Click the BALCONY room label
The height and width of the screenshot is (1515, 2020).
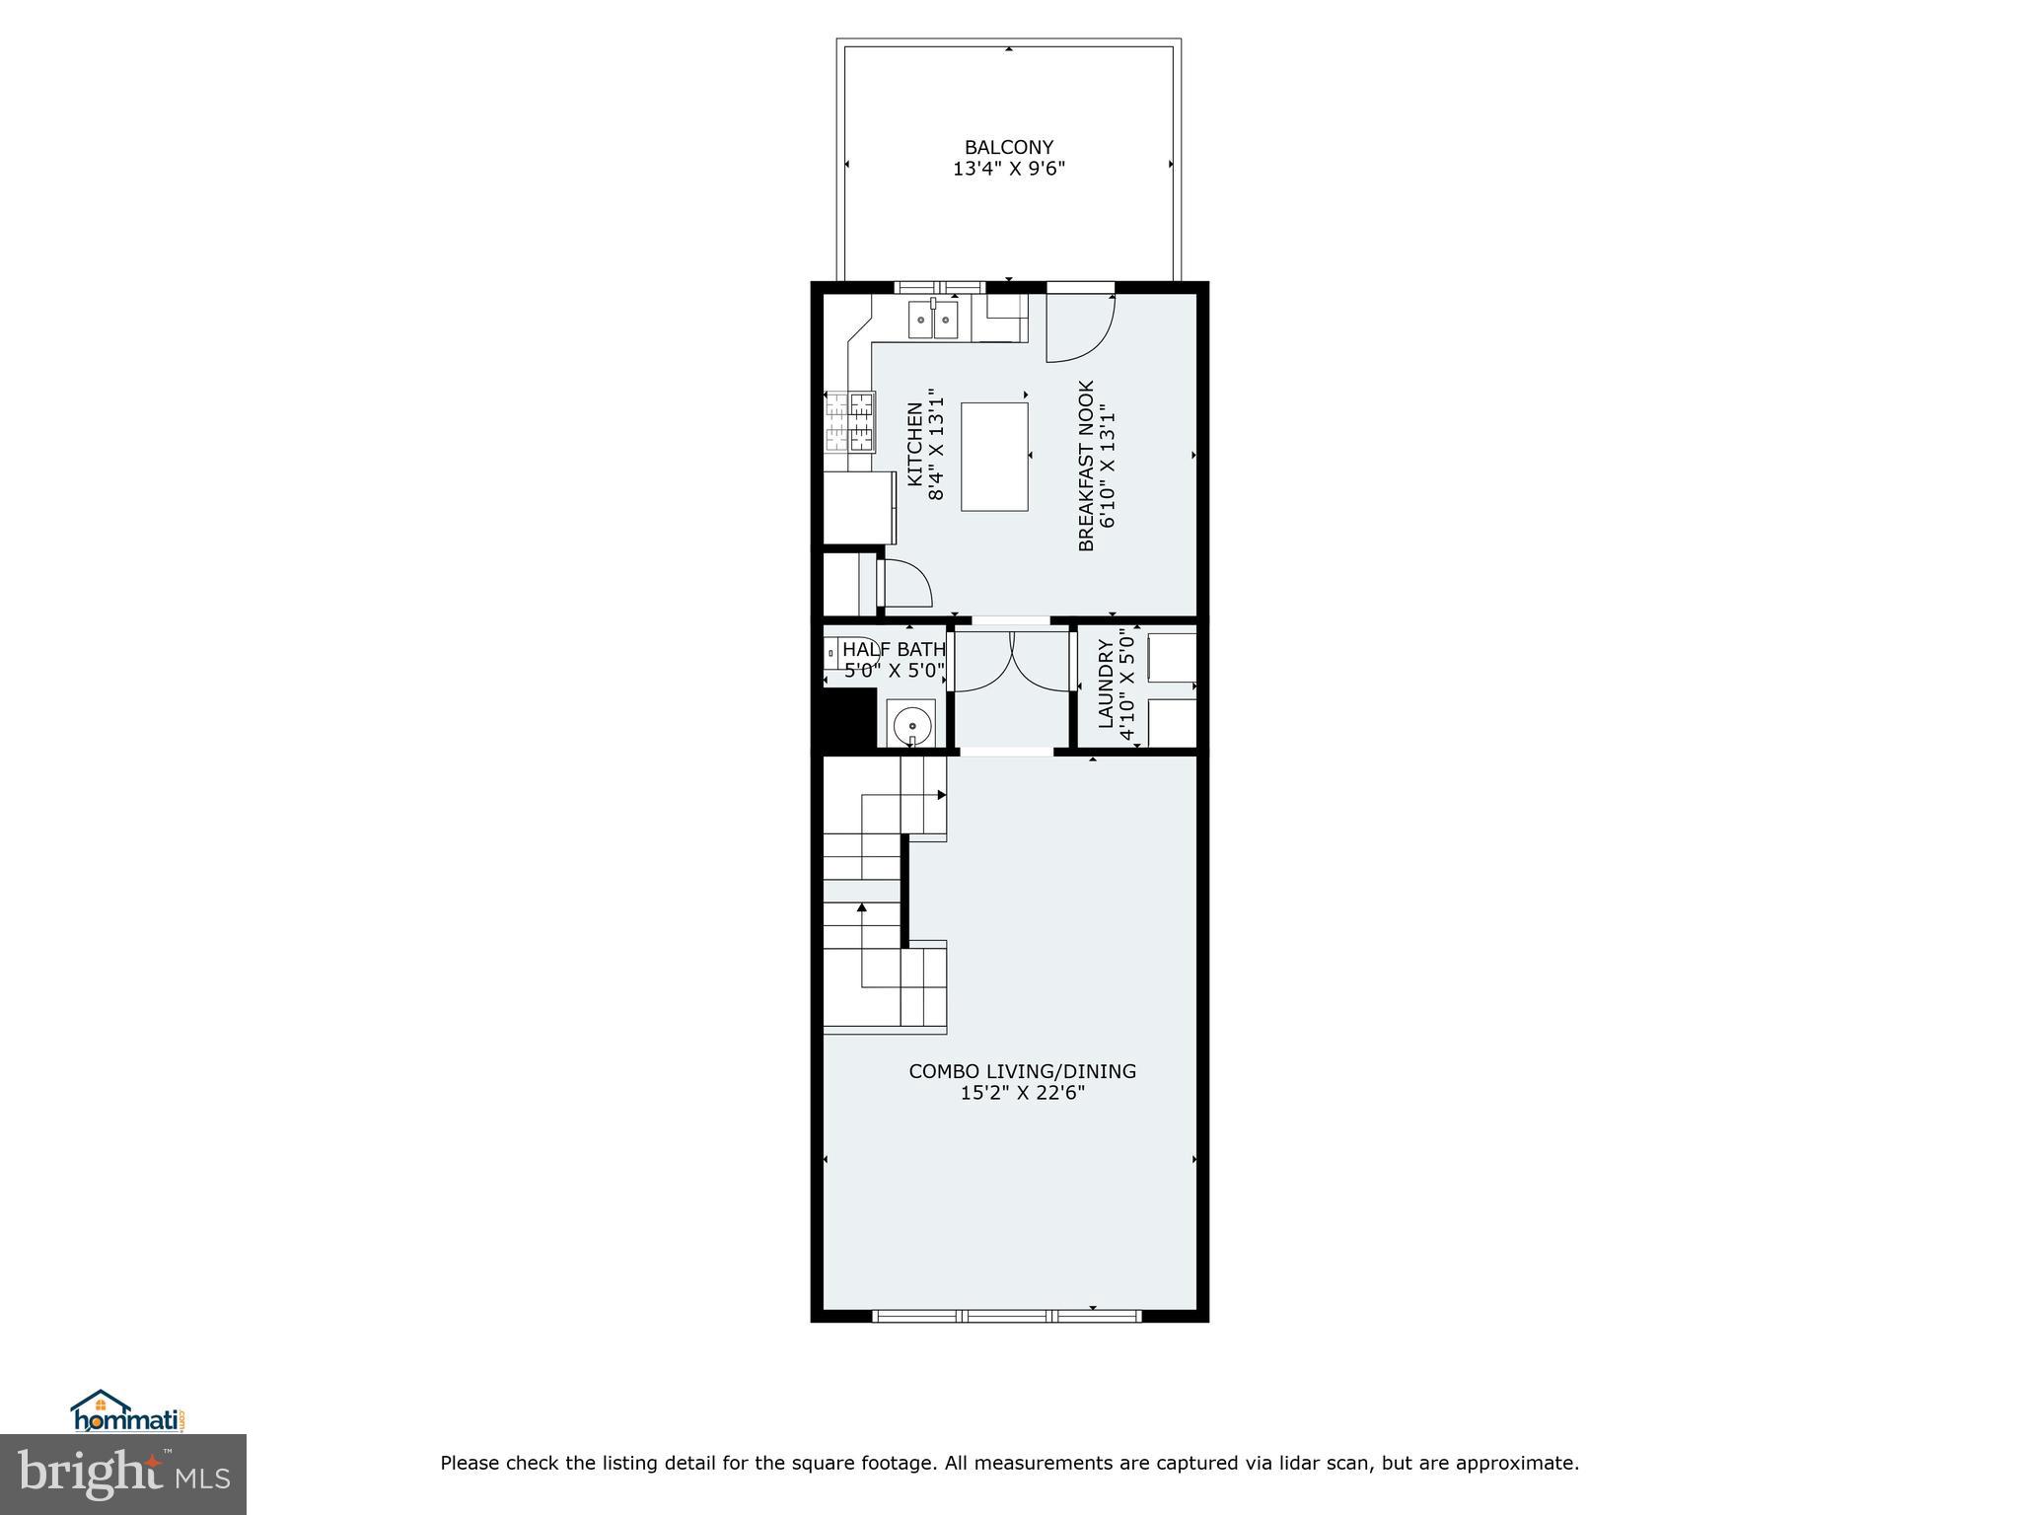[x=1008, y=148]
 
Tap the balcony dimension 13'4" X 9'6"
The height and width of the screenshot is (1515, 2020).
[x=1008, y=169]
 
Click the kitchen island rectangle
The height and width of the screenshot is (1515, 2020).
[x=994, y=456]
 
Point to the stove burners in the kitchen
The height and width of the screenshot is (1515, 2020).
[x=850, y=422]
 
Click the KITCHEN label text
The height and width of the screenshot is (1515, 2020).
[x=915, y=443]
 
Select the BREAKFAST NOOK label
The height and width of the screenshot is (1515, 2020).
[x=1086, y=466]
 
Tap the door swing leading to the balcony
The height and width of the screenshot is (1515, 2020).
[x=1080, y=326]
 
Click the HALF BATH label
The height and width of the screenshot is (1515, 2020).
[x=894, y=650]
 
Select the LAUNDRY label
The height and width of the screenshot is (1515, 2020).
[x=1106, y=684]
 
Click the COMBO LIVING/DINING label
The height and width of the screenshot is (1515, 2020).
[x=1022, y=1071]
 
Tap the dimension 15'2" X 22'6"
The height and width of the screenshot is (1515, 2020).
[x=1022, y=1093]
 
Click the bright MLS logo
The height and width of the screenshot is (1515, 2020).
[x=123, y=1475]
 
